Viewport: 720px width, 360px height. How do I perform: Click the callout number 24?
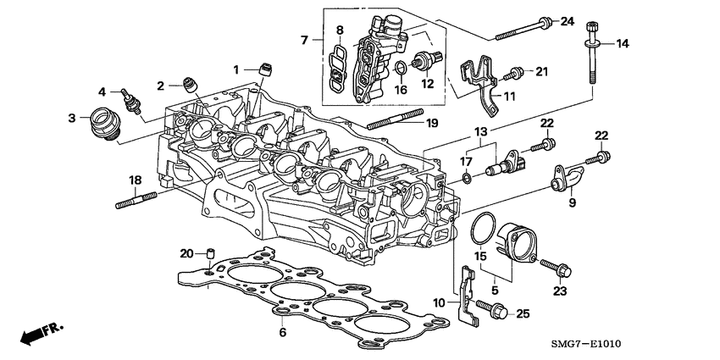(568, 20)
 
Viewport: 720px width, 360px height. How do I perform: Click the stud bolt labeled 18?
(135, 202)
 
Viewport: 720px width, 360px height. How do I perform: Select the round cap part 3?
(106, 124)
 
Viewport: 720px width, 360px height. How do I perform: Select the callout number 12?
(427, 83)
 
